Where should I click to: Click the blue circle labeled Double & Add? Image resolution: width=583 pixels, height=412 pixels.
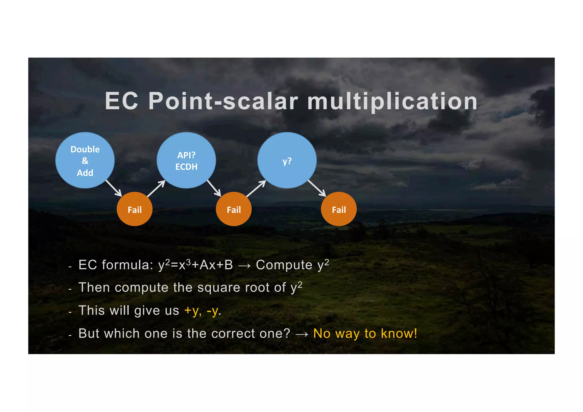85,160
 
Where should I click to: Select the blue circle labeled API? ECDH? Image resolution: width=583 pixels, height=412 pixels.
186,160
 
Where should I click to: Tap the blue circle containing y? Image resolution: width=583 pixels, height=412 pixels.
287,160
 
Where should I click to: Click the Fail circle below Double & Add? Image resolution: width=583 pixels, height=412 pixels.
135,209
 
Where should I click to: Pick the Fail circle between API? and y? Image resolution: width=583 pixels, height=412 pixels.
234,209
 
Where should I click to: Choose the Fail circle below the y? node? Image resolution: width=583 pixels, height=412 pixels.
339,209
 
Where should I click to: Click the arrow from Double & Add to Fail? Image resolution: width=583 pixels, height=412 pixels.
114,188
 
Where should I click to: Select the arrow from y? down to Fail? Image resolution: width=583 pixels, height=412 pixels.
317,188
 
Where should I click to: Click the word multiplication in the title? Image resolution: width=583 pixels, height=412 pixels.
392,101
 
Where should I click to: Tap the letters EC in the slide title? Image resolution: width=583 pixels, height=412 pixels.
122,101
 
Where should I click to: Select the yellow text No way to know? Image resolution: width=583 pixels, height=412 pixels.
365,333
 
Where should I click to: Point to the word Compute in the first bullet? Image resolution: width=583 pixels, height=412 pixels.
284,265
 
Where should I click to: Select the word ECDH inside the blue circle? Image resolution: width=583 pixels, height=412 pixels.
186,167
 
